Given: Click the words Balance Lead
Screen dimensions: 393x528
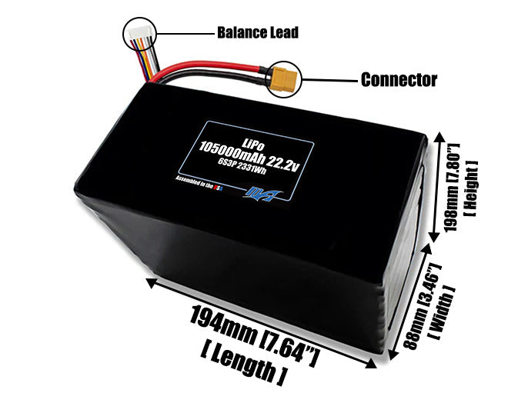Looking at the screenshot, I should click(x=257, y=33).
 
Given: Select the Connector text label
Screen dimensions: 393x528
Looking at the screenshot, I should click(x=399, y=79).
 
